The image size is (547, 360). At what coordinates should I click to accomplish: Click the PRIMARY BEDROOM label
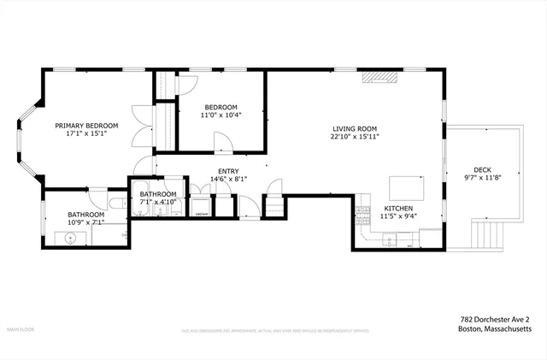pos(86,126)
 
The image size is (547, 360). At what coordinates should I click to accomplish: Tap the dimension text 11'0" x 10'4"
pos(221,115)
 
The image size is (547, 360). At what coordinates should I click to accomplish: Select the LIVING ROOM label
pos(356,127)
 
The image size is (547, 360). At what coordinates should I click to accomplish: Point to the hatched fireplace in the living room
pos(379,78)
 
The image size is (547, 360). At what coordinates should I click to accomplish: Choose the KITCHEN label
pos(399,209)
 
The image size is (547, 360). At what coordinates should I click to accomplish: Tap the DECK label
pos(482,169)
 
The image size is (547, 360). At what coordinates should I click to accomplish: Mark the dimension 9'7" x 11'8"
pos(482,178)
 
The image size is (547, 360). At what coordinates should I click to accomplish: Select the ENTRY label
pos(228,171)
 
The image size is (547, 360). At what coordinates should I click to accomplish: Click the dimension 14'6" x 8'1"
pos(228,180)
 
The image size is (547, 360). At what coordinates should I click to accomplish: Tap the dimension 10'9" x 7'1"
pos(86,223)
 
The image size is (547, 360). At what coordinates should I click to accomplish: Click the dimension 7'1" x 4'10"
pos(158,203)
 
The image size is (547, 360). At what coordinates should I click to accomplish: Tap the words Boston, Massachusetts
pos(495,328)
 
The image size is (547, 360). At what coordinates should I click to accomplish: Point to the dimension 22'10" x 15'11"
pos(356,136)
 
